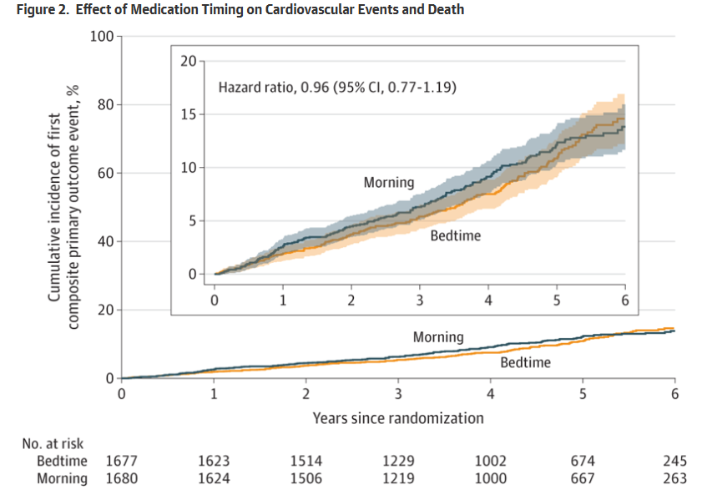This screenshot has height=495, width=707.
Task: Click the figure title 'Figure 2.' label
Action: tap(33, 10)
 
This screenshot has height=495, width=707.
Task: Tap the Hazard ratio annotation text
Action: tap(337, 87)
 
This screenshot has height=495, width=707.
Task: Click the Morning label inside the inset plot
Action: tap(388, 182)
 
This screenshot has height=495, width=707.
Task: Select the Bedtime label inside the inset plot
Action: tap(456, 235)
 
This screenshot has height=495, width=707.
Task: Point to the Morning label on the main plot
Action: tap(438, 337)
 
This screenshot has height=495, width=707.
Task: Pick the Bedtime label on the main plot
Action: tap(526, 362)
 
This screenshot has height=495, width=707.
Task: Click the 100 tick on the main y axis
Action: tap(102, 36)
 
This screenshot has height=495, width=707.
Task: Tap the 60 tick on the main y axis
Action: tap(105, 173)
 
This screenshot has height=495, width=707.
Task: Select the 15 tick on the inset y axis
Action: tap(188, 114)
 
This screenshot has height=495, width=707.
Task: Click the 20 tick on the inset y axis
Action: tap(188, 61)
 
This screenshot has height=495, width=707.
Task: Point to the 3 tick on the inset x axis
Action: tap(420, 301)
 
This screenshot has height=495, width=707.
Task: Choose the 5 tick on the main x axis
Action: tap(583, 395)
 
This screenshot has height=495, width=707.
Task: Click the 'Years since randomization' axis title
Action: tap(398, 417)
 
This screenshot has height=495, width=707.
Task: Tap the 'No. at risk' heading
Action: tap(53, 443)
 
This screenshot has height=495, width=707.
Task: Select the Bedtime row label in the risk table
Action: tap(62, 461)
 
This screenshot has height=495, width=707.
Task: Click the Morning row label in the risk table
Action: tap(62, 478)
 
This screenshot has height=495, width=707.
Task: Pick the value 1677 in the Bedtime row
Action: tap(122, 461)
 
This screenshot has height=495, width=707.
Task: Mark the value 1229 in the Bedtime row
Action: tap(398, 461)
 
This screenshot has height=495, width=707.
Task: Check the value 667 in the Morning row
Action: tap(583, 478)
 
